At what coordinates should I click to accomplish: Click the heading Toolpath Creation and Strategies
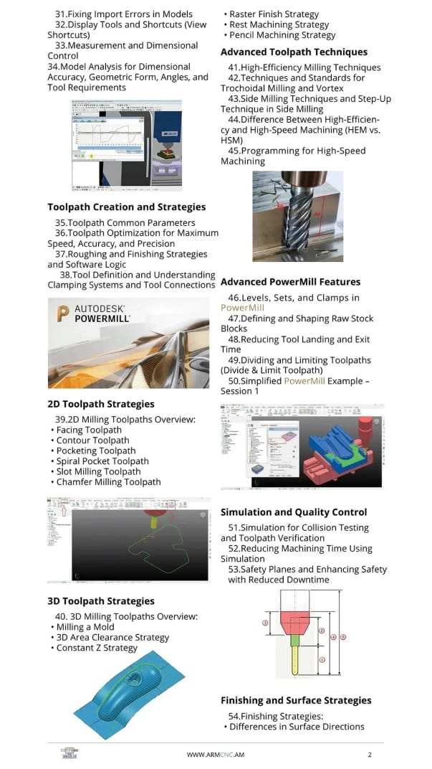126,207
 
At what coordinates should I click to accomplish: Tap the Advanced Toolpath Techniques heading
294,52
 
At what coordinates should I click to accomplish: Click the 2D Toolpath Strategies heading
101,404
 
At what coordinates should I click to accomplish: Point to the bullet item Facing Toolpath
89,430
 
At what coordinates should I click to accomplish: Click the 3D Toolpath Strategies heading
101,601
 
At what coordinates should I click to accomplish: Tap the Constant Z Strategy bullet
97,648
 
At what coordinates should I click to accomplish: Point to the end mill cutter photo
297,215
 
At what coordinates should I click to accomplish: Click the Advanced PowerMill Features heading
290,282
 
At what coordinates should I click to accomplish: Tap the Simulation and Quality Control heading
294,512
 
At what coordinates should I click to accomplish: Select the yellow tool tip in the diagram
294,660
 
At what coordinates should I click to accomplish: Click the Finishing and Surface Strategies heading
296,701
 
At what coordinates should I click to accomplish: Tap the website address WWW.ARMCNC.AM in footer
216,755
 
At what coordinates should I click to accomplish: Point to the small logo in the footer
69,755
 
